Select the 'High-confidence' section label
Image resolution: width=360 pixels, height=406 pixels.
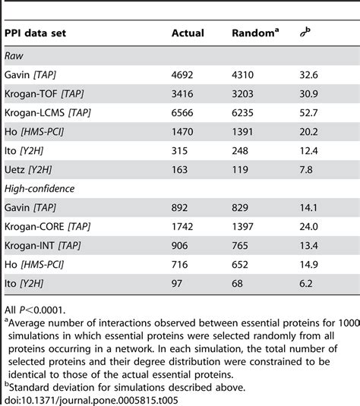[x=37, y=186]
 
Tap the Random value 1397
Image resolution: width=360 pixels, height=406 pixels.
[x=244, y=229]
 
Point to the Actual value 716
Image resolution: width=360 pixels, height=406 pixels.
[x=182, y=272]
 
